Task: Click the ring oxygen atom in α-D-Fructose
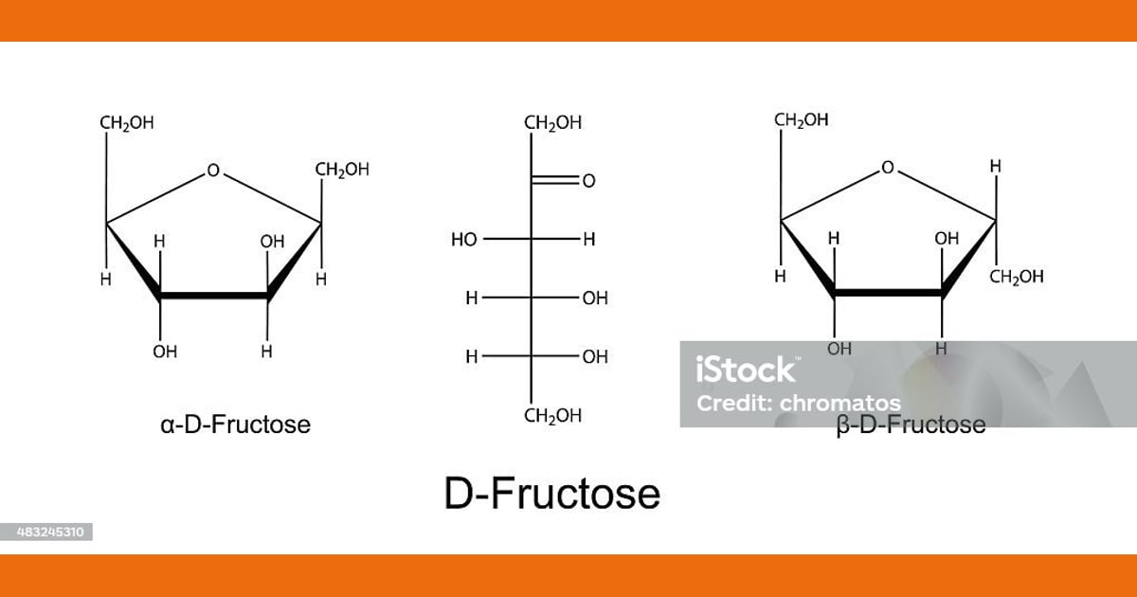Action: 213,170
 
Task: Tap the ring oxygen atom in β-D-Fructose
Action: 887,167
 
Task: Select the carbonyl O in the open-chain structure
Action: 588,181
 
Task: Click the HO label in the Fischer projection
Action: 464,239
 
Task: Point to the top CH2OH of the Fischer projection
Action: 552,123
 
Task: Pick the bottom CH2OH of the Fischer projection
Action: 552,416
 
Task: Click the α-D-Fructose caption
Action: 235,425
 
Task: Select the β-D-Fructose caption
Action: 911,425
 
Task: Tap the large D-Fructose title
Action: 552,494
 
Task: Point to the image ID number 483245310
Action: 50,532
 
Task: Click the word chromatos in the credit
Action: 840,404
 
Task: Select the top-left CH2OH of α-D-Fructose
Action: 126,123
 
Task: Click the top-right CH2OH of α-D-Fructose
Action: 342,170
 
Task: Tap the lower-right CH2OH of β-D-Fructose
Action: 1016,277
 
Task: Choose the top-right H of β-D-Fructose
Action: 996,167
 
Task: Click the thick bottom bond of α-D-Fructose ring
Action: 214,296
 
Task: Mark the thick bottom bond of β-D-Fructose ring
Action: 889,293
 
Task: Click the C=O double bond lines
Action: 555,180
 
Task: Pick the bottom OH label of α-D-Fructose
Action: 165,352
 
